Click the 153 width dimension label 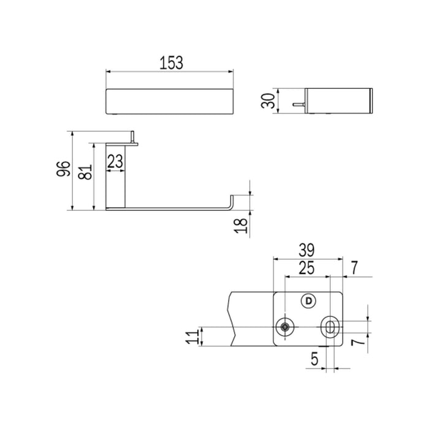(x=171, y=63)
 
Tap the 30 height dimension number (x=268, y=101)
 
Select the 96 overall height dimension (x=64, y=169)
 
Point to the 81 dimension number (x=85, y=172)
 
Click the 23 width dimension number (x=115, y=161)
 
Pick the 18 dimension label (x=241, y=226)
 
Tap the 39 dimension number (x=306, y=250)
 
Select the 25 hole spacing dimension (x=306, y=268)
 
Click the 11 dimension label (x=192, y=337)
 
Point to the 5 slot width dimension (x=314, y=359)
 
